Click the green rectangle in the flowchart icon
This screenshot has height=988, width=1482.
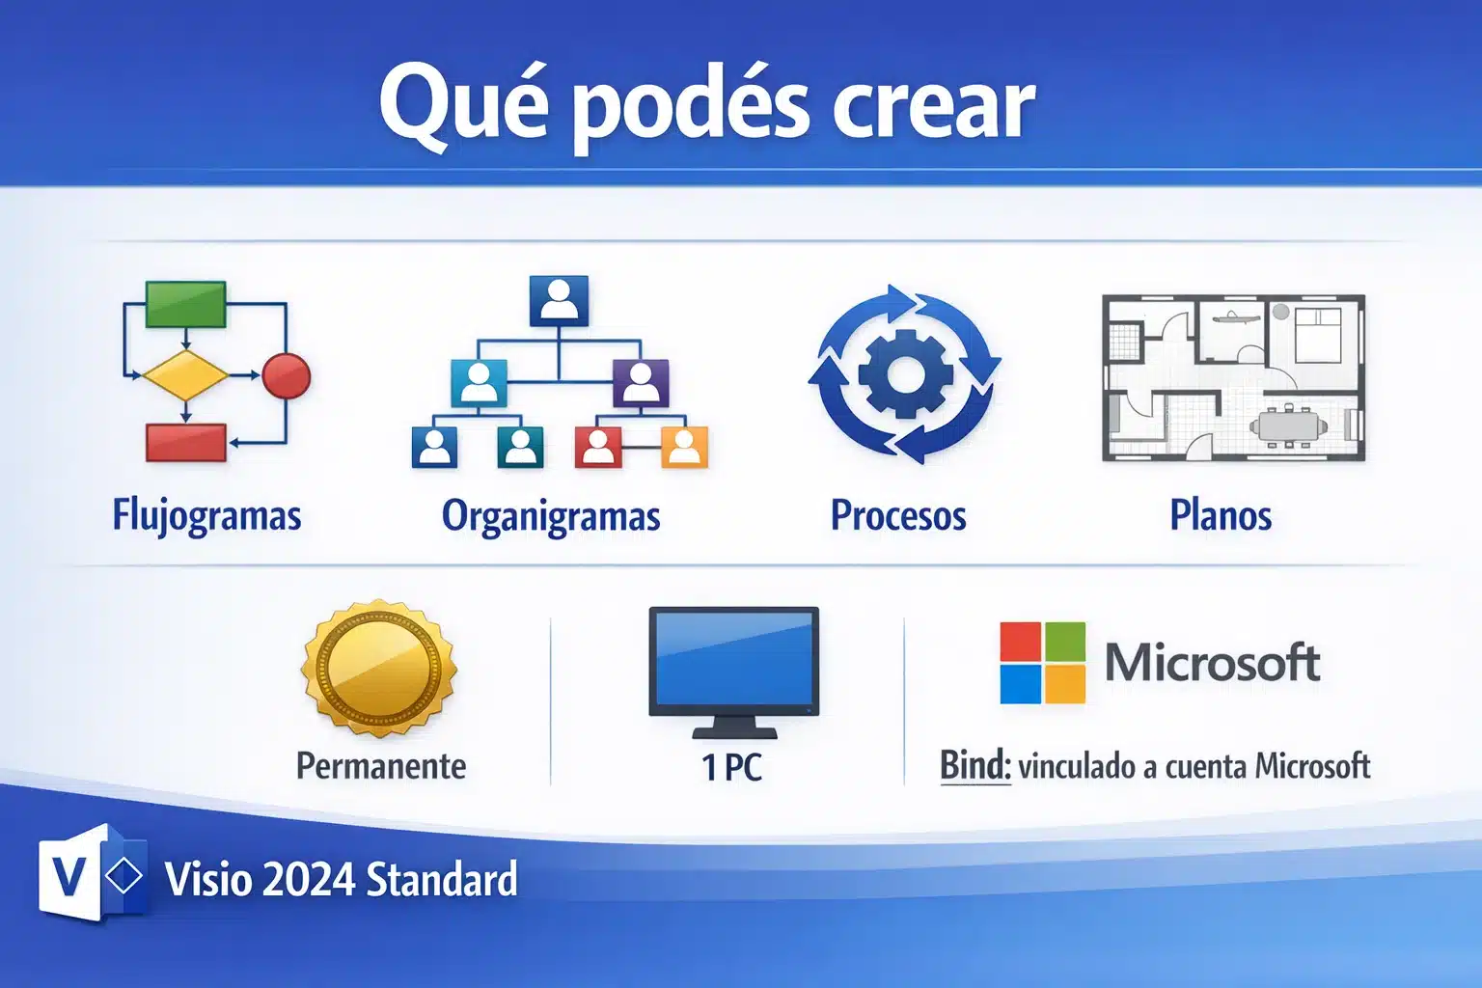point(185,304)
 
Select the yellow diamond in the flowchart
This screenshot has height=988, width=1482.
point(185,375)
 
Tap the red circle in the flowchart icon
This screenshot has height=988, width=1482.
point(287,375)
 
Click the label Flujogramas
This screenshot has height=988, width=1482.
point(206,515)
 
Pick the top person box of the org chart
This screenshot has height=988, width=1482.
point(559,300)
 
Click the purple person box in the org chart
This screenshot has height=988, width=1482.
point(641,383)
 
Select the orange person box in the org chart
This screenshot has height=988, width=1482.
point(684,447)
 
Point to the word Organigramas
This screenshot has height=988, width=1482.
point(551,515)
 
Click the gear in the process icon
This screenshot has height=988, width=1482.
point(905,374)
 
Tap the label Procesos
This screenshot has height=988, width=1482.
point(898,515)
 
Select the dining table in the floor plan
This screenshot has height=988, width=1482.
point(1288,425)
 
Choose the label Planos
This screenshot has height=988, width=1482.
point(1221,515)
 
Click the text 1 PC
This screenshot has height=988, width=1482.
point(731,767)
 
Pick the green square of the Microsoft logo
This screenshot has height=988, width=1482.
point(1065,642)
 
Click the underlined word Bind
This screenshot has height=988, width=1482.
point(974,766)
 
